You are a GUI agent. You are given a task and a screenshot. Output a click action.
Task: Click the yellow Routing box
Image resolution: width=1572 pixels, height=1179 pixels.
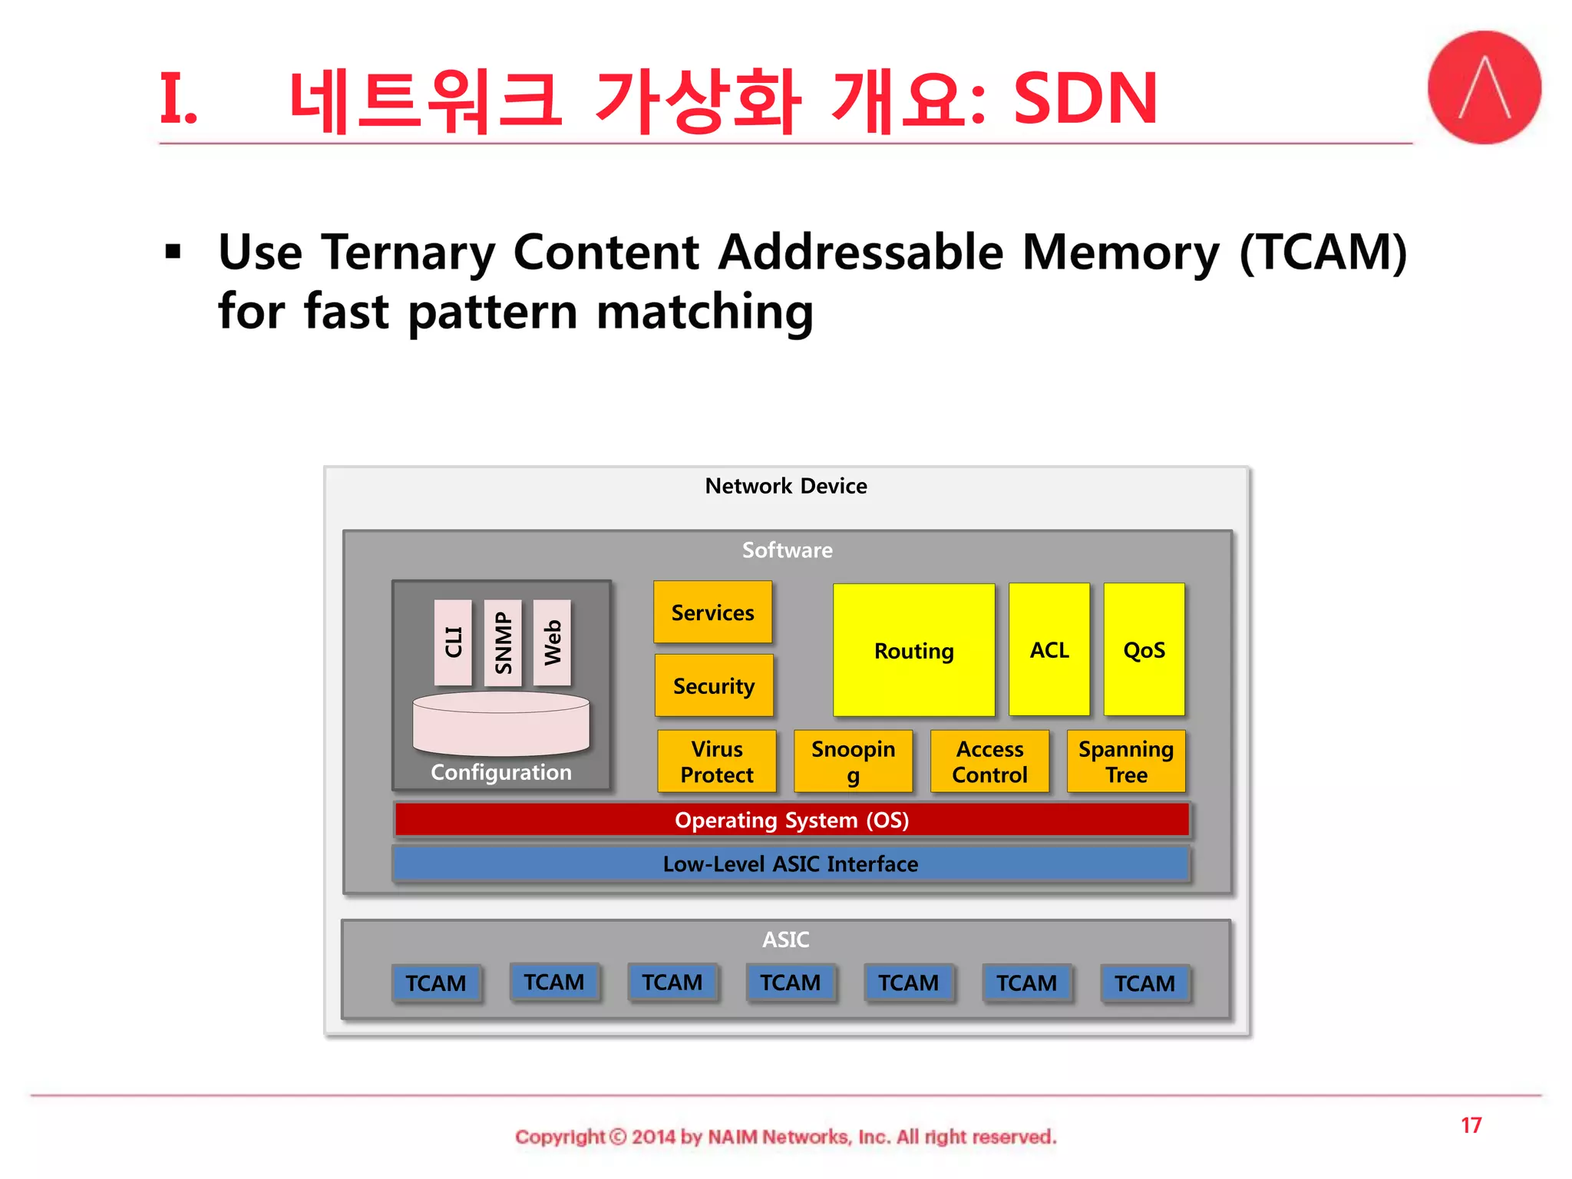click(x=913, y=650)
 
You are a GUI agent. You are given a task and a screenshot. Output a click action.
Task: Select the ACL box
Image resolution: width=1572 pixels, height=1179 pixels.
click(x=1049, y=649)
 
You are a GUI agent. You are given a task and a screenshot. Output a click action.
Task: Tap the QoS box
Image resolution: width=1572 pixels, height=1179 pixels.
click(x=1144, y=649)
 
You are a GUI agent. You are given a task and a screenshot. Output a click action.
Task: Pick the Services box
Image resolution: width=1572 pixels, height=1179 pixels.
click(x=712, y=612)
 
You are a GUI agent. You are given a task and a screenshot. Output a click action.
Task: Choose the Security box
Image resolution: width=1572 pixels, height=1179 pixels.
click(x=713, y=685)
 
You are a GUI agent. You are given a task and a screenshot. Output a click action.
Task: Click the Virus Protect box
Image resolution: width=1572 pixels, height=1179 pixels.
click(x=717, y=761)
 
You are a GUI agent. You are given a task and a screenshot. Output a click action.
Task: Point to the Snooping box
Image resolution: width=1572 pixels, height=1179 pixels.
click(x=853, y=761)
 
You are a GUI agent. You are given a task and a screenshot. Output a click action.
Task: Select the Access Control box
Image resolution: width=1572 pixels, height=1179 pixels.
click(x=989, y=761)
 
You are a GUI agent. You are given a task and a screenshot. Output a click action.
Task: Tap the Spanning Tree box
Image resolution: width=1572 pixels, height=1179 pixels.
click(x=1126, y=761)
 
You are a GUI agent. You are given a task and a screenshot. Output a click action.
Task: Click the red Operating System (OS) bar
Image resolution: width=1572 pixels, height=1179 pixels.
click(x=791, y=820)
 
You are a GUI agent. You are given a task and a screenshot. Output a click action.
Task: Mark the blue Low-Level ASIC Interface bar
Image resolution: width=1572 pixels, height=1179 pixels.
click(x=791, y=864)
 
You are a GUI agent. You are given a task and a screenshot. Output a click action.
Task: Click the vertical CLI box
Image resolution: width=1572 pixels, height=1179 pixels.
click(x=453, y=642)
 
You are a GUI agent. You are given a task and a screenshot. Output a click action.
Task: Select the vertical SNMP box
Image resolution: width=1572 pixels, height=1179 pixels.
click(x=503, y=642)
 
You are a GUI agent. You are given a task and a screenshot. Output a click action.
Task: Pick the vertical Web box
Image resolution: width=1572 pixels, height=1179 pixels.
click(x=553, y=642)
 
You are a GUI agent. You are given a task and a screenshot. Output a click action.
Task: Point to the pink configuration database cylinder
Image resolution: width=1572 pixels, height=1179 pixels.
click(x=501, y=723)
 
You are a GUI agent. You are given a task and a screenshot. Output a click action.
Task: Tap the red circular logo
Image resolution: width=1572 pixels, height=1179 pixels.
click(x=1484, y=88)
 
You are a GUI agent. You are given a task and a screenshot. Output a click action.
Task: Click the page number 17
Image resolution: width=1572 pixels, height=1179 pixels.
click(x=1471, y=1125)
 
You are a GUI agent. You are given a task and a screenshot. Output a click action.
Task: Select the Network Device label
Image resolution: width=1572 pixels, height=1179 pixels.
click(x=786, y=486)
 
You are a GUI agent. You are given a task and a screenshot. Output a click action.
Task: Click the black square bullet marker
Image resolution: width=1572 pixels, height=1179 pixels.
click(x=173, y=252)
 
